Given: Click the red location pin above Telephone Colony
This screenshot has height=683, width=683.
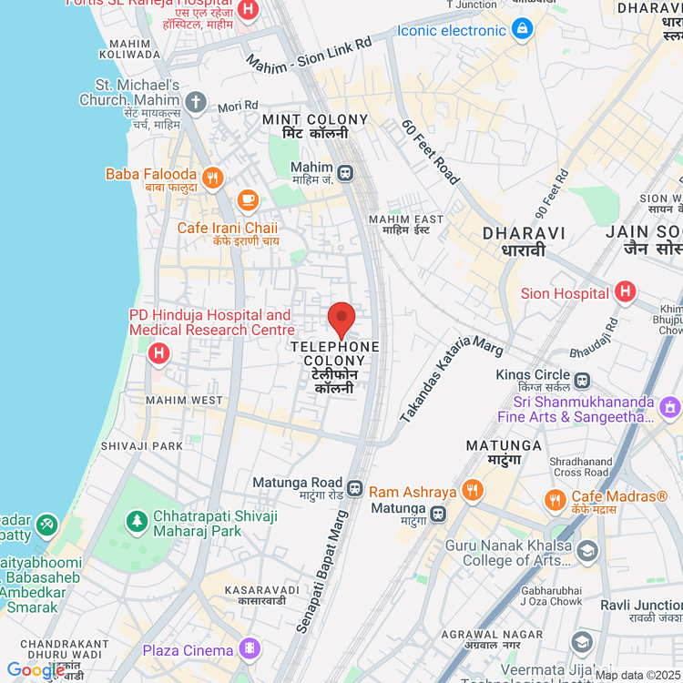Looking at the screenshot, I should click(x=341, y=321).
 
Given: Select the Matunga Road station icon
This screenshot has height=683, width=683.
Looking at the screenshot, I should click(x=355, y=488).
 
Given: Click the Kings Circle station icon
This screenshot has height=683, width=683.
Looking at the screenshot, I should click(x=581, y=379).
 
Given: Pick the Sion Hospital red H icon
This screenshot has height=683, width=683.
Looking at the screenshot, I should click(x=625, y=292).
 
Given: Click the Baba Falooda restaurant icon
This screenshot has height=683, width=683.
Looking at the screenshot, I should click(x=213, y=178).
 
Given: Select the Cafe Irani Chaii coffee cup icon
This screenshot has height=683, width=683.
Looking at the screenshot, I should click(x=247, y=199).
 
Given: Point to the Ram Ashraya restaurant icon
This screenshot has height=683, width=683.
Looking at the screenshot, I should click(x=472, y=491).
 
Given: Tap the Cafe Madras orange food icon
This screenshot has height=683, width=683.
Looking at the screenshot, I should click(x=555, y=499).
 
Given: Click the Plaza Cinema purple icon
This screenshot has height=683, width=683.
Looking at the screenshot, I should click(x=248, y=649).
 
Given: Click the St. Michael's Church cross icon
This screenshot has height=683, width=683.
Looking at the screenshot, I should click(x=195, y=101).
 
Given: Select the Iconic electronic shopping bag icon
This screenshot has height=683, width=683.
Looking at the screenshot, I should click(x=522, y=30).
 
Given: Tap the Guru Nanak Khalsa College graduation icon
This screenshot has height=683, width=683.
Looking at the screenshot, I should click(x=587, y=551).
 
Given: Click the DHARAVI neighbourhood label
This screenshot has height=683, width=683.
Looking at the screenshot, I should click(x=525, y=233).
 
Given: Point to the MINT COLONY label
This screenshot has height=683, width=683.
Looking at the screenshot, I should click(x=315, y=119).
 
